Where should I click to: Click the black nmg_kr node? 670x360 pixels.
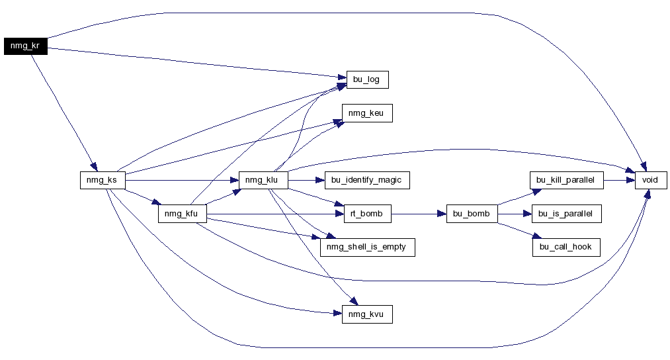[x=26, y=46]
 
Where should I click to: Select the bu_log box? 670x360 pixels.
[x=368, y=80]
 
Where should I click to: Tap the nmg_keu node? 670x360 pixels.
[x=367, y=113]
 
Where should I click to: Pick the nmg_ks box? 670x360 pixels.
[x=103, y=180]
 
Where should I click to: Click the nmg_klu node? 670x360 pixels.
[x=263, y=180]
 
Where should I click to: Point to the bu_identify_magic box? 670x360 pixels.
[x=367, y=180]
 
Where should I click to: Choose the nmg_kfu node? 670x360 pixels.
[x=183, y=214]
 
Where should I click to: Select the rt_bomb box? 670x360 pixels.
[x=368, y=214]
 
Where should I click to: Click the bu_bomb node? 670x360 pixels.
[x=472, y=214]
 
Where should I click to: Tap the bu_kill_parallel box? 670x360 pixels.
[x=567, y=180]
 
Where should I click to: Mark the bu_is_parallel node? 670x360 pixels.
[x=567, y=214]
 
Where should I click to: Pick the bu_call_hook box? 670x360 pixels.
[x=566, y=247]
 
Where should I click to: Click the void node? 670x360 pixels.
[x=651, y=180]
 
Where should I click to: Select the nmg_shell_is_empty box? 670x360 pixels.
[x=368, y=247]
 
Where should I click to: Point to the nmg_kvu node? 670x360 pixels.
[x=367, y=314]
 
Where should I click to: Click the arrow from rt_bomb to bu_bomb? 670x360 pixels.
[x=419, y=214]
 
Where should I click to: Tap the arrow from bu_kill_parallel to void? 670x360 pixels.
[x=620, y=181]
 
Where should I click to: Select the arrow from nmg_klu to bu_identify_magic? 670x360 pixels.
[x=306, y=181]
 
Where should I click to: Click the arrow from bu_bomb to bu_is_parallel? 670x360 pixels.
[x=515, y=214]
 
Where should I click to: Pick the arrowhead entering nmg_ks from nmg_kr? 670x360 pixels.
[x=94, y=167]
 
